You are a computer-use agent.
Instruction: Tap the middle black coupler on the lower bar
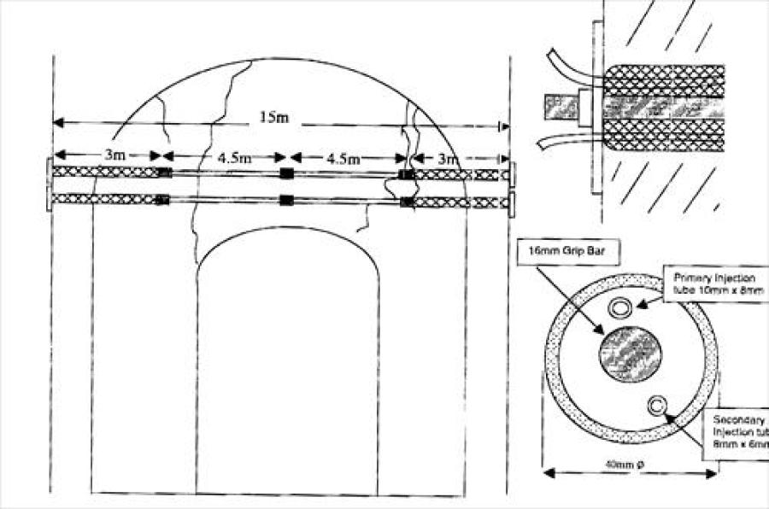287,201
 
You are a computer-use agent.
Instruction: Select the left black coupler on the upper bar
165,173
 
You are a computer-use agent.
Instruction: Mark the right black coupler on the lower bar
407,202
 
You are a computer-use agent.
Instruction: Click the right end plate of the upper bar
511,173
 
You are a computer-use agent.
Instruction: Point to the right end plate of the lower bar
511,202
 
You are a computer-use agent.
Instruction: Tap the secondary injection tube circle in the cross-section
658,403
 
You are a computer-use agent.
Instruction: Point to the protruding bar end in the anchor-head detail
556,108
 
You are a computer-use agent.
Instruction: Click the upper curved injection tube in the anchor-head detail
564,63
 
